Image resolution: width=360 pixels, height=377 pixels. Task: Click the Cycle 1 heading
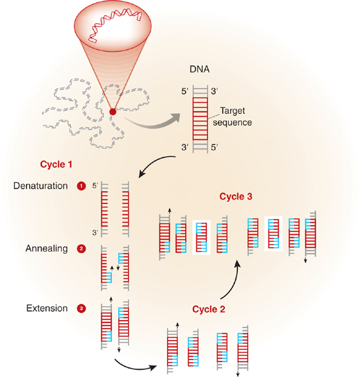pyautogui.click(x=56, y=164)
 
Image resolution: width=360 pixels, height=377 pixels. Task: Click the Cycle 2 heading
pyautogui.click(x=209, y=309)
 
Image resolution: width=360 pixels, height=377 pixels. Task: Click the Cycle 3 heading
pyautogui.click(x=236, y=196)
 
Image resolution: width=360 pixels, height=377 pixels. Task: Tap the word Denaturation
pyautogui.click(x=40, y=186)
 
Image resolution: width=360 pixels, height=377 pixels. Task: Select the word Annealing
pyautogui.click(x=46, y=248)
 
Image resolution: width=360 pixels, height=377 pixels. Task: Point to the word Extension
pyautogui.click(x=47, y=308)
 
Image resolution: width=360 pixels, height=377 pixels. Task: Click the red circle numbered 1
pyautogui.click(x=81, y=186)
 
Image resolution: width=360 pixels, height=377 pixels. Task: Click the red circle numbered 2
pyautogui.click(x=81, y=248)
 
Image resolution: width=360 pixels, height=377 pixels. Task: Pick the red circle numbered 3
pyautogui.click(x=81, y=308)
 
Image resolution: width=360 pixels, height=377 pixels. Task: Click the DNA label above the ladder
pyautogui.click(x=199, y=70)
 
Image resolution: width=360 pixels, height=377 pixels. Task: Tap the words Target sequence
pyautogui.click(x=232, y=116)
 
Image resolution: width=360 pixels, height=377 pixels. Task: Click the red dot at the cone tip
pyautogui.click(x=112, y=112)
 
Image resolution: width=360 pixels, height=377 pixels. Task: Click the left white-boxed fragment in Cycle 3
pyautogui.click(x=201, y=237)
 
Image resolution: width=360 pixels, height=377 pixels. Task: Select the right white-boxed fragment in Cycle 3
pyautogui.click(x=274, y=234)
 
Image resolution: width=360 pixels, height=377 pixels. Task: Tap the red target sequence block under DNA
pyautogui.click(x=200, y=119)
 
